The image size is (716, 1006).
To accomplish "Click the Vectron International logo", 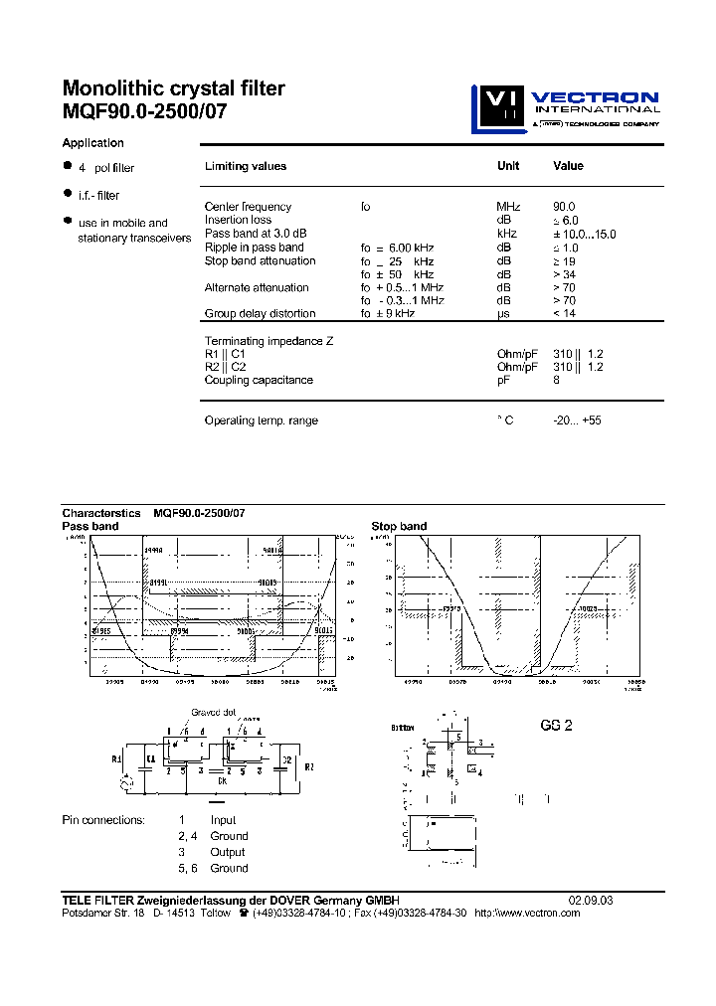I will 564,108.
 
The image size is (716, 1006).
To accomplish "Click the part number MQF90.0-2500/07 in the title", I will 144,111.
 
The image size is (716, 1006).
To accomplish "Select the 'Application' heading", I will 92,143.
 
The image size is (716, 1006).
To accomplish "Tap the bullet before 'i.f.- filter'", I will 68,193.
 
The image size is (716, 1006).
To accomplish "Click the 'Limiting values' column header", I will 245,166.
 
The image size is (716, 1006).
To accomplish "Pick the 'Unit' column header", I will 507,166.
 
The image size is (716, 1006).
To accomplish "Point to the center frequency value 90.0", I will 564,206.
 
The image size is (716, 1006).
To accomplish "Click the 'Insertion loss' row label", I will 238,220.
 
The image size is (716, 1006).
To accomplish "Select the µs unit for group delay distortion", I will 503,313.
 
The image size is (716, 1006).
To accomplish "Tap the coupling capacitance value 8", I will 556,380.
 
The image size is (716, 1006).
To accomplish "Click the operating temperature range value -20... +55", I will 577,420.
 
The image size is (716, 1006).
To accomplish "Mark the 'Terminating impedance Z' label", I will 268,341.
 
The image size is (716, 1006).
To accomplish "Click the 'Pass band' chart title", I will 90,526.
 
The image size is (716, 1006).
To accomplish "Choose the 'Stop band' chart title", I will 399,526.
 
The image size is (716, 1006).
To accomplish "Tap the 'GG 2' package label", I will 556,726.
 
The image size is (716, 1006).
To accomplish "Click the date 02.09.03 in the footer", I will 591,900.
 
